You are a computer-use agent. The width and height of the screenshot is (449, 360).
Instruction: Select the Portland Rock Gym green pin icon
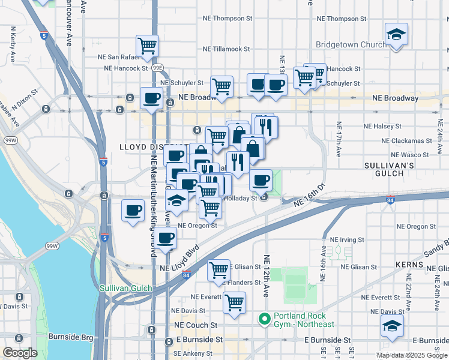[x=264, y=318]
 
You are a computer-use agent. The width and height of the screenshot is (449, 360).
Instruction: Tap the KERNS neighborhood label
[x=409, y=264]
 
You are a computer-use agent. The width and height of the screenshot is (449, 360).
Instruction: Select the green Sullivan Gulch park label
[x=128, y=288]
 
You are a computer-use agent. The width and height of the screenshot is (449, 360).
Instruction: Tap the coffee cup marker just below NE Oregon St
[x=166, y=238]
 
